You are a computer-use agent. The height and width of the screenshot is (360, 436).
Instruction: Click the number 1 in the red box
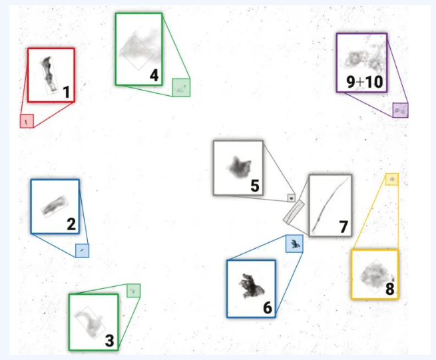click(66, 92)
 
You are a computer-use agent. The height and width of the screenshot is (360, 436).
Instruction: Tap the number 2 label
click(71, 224)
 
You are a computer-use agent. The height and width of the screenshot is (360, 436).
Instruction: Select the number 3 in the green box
click(110, 341)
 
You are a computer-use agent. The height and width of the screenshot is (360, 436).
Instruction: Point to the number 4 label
click(154, 75)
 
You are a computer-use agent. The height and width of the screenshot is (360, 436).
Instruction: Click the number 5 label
click(255, 186)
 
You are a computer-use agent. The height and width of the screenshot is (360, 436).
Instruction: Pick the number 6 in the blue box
click(267, 307)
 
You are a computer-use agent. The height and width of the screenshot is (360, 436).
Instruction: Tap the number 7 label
click(343, 226)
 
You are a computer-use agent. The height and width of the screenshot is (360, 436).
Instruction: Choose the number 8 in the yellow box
click(390, 289)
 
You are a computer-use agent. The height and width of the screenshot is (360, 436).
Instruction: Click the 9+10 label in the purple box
click(365, 82)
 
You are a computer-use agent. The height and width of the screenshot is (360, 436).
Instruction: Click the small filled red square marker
click(27, 121)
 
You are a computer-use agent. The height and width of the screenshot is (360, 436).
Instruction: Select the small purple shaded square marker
click(401, 110)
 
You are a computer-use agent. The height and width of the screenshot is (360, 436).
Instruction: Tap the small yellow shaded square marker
click(392, 179)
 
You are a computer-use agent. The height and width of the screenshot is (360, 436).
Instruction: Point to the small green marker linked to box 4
click(181, 88)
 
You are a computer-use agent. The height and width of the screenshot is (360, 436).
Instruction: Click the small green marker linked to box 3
click(134, 291)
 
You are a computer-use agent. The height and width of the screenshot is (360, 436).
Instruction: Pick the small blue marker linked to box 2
click(83, 250)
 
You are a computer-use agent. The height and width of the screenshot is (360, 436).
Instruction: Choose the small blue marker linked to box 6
click(294, 244)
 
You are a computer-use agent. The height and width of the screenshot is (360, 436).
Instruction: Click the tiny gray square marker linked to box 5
click(291, 198)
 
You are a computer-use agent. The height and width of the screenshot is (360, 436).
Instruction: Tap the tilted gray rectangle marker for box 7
click(294, 212)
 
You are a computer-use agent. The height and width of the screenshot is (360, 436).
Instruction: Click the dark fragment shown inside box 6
click(251, 286)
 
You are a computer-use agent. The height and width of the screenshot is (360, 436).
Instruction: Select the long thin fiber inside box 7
click(330, 205)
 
